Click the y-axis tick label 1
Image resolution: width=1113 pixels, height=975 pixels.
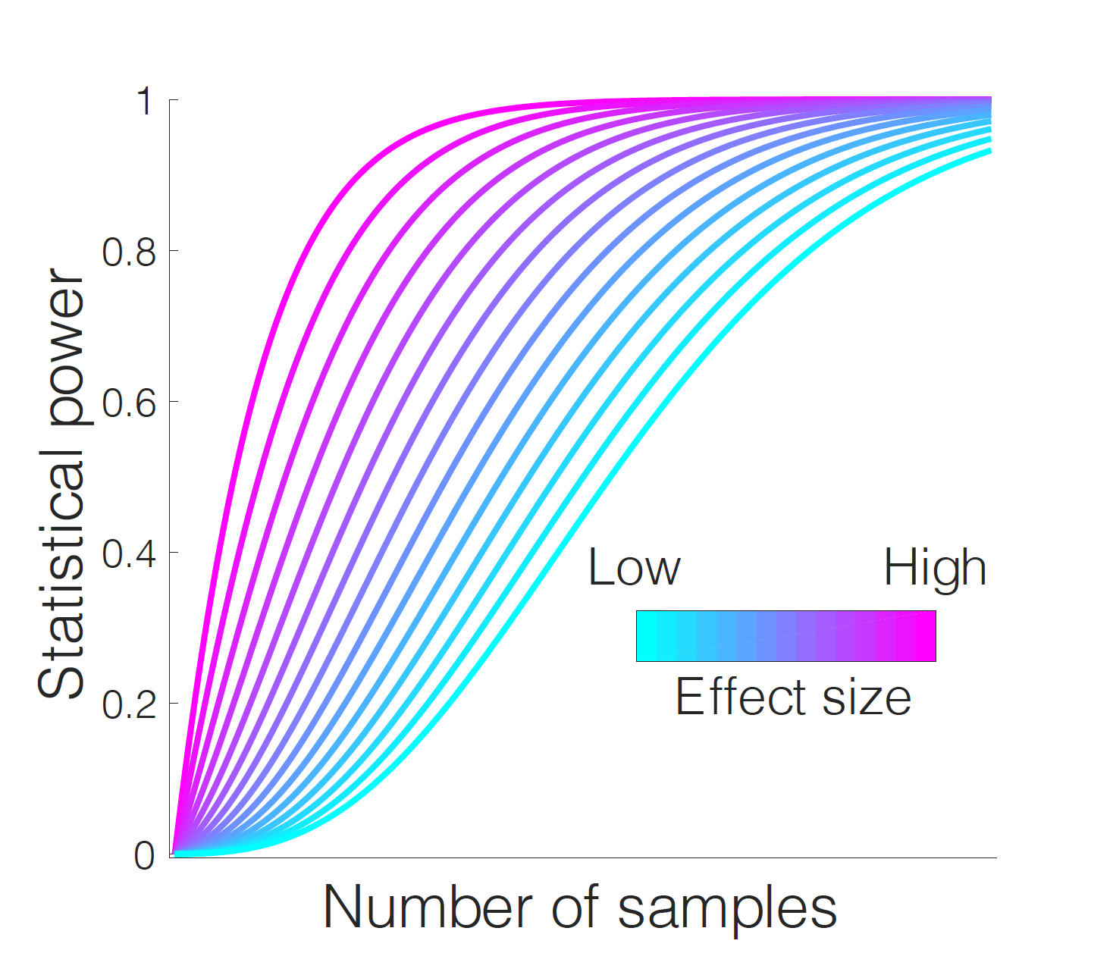(145, 102)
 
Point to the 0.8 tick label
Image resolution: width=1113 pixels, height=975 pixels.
(129, 252)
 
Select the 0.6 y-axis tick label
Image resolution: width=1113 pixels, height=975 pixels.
(129, 403)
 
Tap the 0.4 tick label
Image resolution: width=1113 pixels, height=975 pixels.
(129, 554)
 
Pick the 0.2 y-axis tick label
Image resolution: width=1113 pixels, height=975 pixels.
(129, 705)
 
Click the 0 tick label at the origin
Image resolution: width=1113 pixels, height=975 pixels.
(145, 856)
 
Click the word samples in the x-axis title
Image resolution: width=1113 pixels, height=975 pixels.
(727, 908)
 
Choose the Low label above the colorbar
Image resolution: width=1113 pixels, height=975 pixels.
(634, 568)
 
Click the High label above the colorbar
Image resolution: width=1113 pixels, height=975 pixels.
(935, 568)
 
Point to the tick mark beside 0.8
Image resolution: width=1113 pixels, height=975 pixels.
(173, 251)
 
